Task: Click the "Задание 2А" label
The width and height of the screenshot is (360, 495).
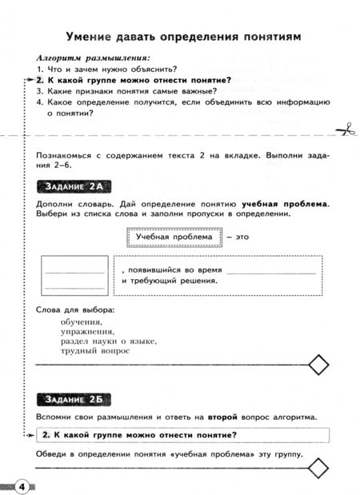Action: (74, 187)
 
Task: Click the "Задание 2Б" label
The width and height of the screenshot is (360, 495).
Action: (73, 399)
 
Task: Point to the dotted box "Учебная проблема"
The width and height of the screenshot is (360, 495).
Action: (173, 237)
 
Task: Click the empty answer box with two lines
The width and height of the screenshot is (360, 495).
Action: (74, 274)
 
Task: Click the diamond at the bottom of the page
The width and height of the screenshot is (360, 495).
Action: (318, 466)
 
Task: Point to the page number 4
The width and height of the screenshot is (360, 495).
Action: (22, 486)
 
